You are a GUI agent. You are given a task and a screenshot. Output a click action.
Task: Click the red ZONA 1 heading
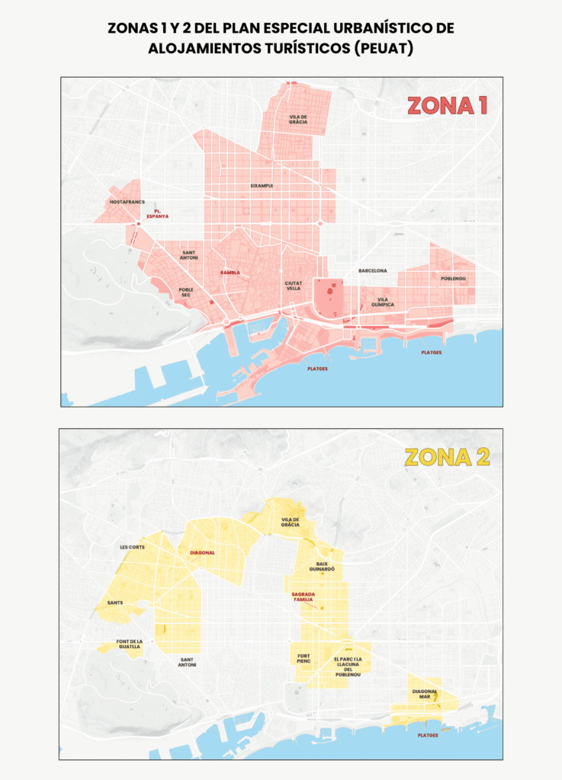coord(447,105)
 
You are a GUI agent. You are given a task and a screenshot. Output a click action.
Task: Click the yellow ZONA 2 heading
coord(447,457)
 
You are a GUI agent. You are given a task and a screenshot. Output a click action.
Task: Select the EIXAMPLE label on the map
coord(262,186)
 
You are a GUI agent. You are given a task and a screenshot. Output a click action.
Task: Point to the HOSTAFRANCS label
coord(127,202)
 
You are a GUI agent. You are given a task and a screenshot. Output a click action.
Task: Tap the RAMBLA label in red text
coord(230,272)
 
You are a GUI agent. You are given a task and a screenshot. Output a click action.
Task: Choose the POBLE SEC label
coord(186,292)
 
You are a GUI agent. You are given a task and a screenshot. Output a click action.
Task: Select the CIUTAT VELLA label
coord(294,286)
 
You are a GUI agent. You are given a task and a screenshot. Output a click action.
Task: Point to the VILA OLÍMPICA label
coord(382,302)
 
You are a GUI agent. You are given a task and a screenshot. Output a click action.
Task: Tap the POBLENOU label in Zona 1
coord(453,279)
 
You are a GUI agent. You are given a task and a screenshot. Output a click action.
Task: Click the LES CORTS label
coord(132,547)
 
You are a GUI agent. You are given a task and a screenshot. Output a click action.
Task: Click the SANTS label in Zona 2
coord(115,603)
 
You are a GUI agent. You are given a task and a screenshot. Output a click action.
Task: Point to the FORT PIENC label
coord(302,658)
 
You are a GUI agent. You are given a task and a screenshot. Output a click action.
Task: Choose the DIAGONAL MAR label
coord(425,694)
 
